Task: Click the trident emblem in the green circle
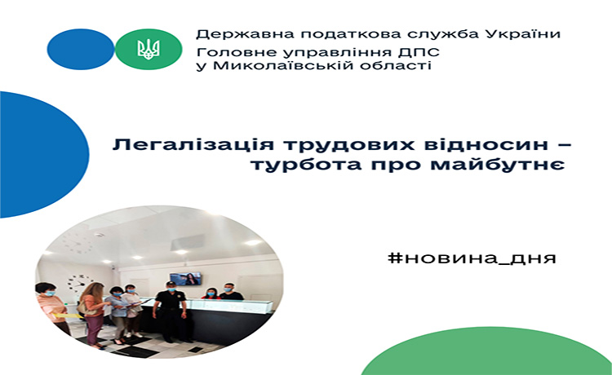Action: [149, 50]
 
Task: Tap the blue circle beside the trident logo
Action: [81, 49]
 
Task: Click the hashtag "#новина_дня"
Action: [472, 258]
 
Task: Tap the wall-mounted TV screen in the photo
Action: [185, 278]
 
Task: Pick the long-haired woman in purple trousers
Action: [93, 314]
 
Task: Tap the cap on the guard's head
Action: [171, 284]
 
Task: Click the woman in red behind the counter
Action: [211, 293]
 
